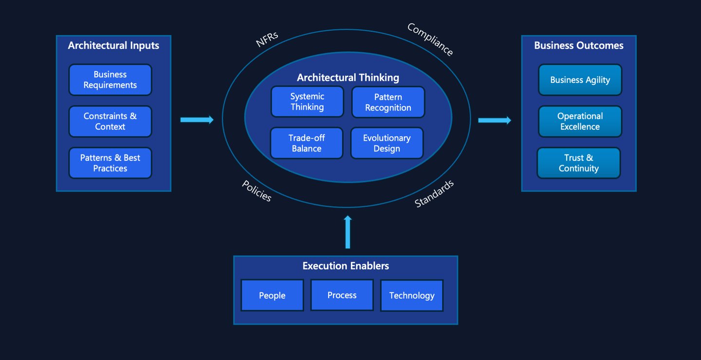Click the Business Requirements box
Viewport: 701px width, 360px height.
[x=110, y=80]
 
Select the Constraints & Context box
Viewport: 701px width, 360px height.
[x=110, y=121]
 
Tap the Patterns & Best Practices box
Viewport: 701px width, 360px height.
[x=110, y=163]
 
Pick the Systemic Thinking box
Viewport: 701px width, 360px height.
[x=307, y=102]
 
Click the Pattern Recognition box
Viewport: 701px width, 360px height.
[x=388, y=102]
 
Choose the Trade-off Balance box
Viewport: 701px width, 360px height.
[x=307, y=143]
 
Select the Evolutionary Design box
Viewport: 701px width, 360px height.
[x=387, y=143]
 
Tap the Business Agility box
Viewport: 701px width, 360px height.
[x=580, y=80]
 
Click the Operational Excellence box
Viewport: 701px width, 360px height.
[x=580, y=121]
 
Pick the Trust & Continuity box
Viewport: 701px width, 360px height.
[x=579, y=163]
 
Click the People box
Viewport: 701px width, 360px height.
[x=272, y=295]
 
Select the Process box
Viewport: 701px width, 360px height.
[x=342, y=295]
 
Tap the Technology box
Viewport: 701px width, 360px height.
[x=412, y=295]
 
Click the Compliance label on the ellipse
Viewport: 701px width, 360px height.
[x=430, y=40]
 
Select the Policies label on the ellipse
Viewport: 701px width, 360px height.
[x=257, y=190]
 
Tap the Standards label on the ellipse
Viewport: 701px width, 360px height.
[x=434, y=193]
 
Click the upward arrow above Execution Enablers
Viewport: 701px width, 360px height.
[x=348, y=232]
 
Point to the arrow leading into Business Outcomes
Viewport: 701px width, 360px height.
[x=495, y=120]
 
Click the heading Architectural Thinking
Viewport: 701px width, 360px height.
[x=348, y=77]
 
